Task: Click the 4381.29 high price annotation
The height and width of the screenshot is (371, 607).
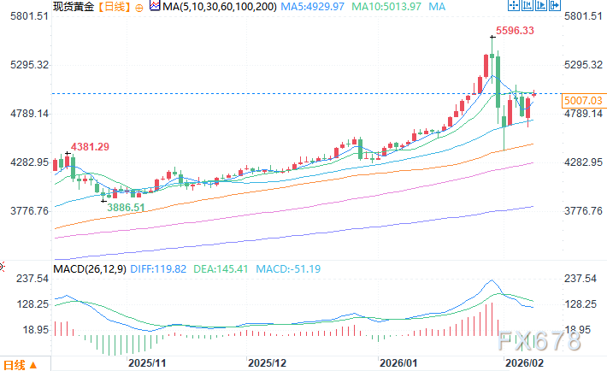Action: tap(91, 146)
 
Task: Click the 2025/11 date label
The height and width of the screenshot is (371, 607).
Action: tap(146, 362)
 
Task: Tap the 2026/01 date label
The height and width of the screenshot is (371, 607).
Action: tap(398, 362)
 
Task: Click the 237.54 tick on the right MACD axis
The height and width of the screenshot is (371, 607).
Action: tap(583, 278)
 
